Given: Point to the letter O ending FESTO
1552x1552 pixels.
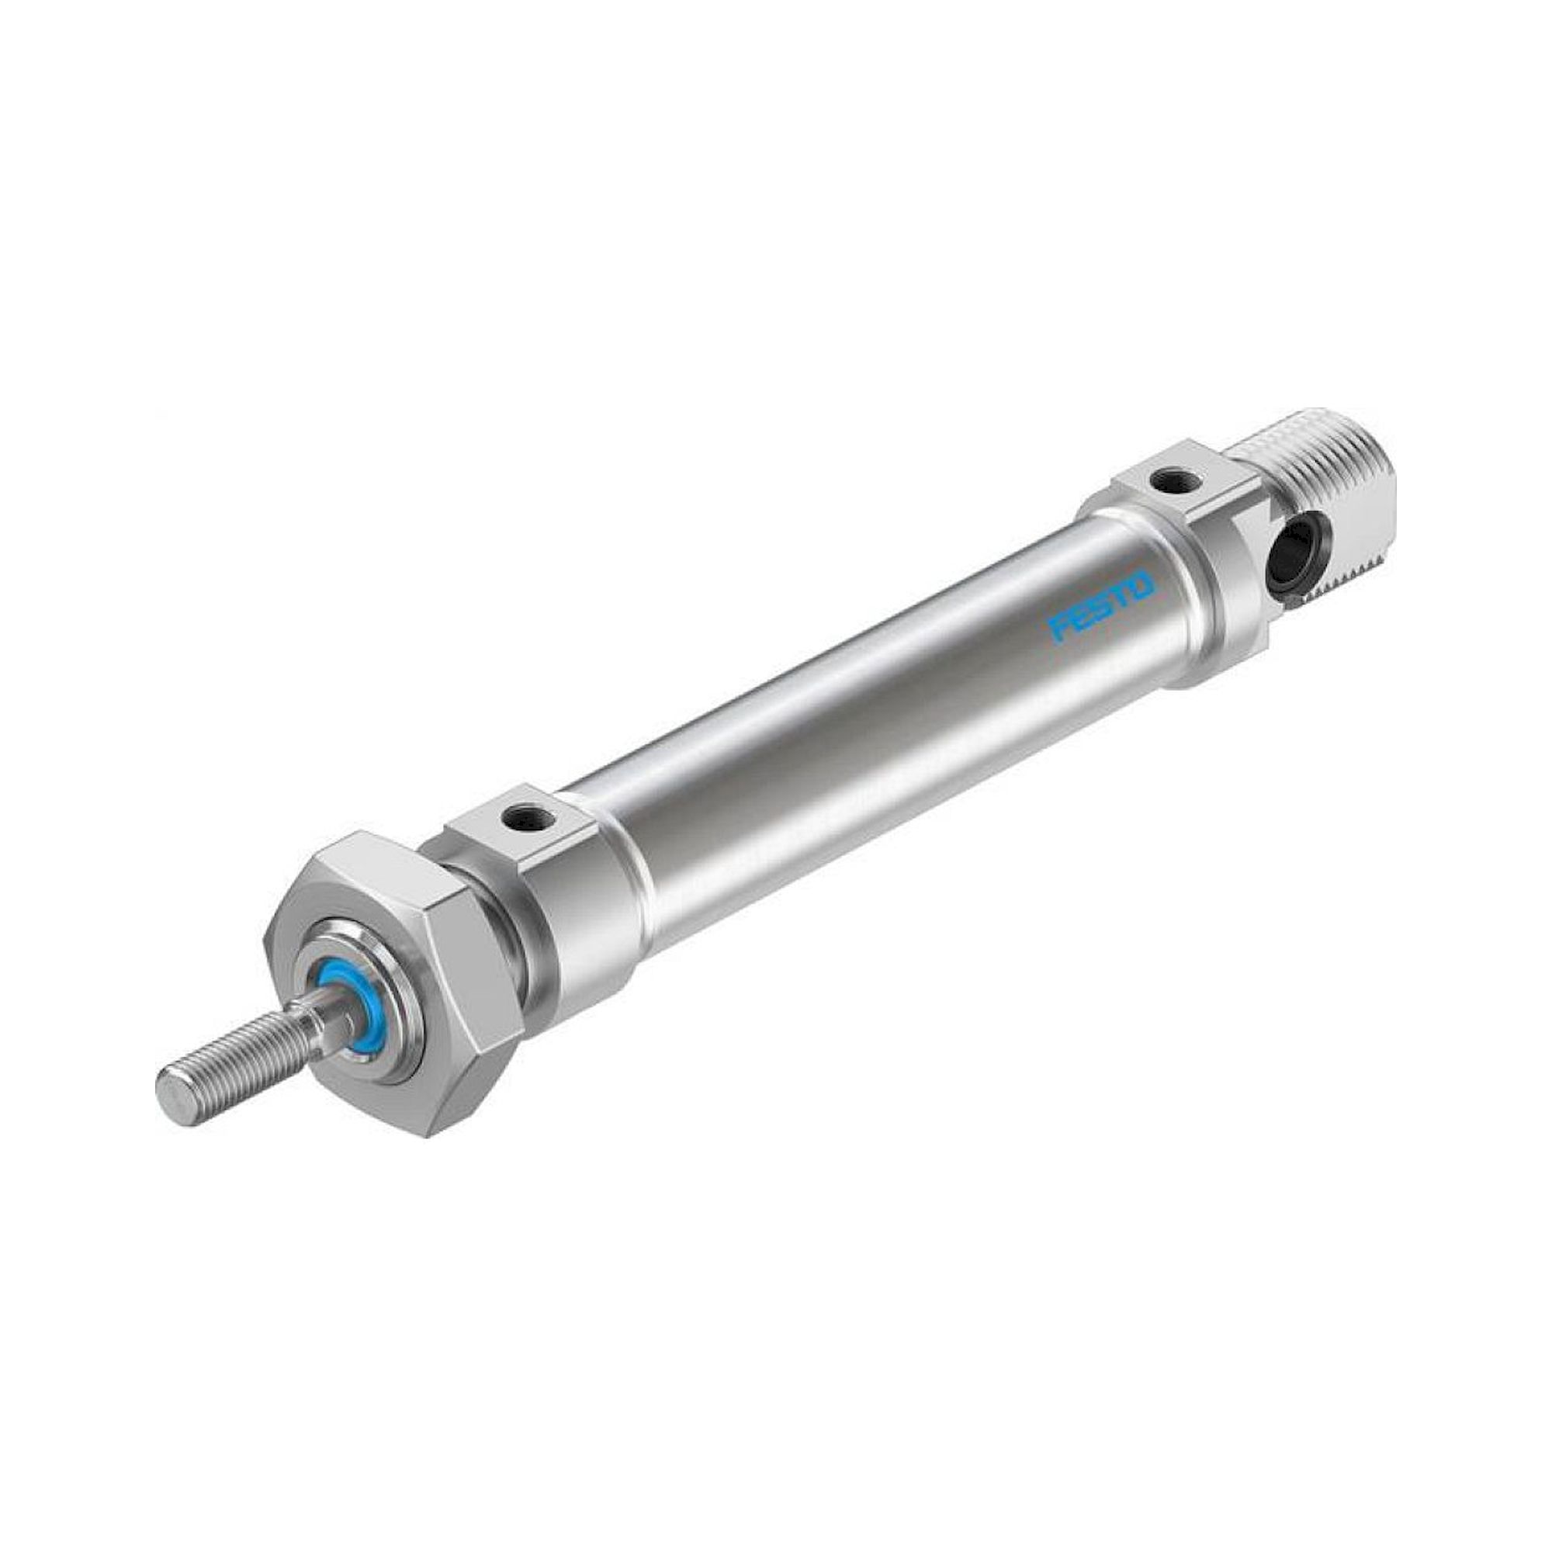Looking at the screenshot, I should coord(1142,584).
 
